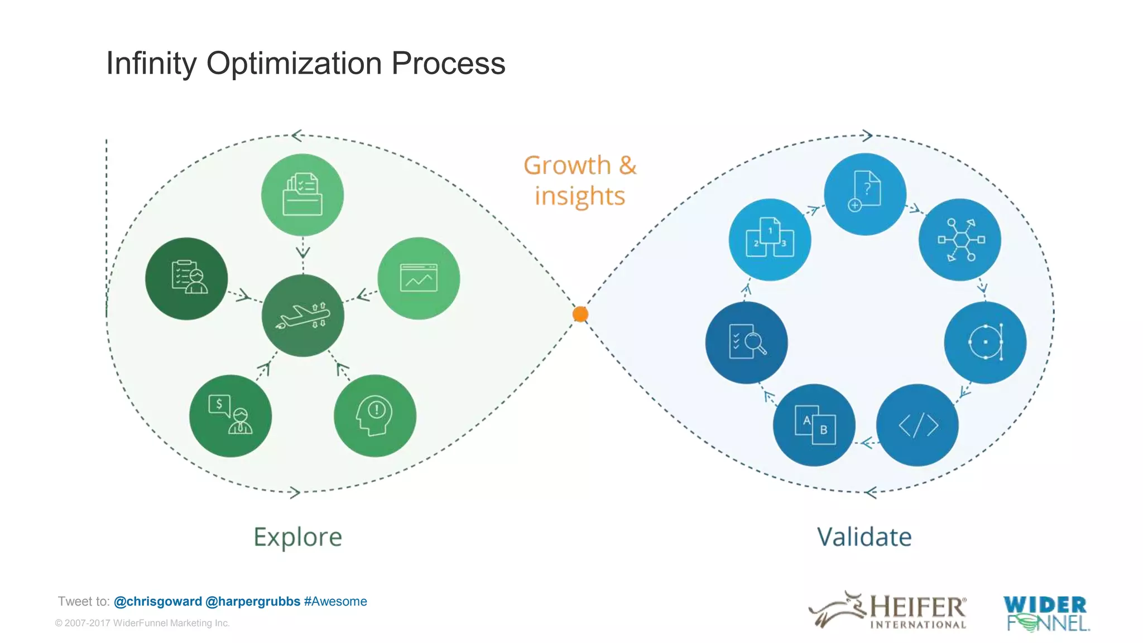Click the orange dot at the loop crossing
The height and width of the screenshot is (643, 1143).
pyautogui.click(x=580, y=314)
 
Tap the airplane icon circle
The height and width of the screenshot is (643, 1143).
pyautogui.click(x=303, y=316)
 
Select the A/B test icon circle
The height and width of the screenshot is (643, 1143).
pyautogui.click(x=814, y=425)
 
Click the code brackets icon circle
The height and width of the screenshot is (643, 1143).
pyautogui.click(x=918, y=425)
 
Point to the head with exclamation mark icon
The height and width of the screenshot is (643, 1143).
pyautogui.click(x=375, y=416)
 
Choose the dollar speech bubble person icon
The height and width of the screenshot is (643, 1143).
pyautogui.click(x=230, y=416)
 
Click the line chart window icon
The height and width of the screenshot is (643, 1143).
pyautogui.click(x=419, y=278)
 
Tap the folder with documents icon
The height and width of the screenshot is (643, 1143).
pyautogui.click(x=302, y=195)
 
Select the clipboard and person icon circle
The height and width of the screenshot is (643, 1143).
pyautogui.click(x=186, y=278)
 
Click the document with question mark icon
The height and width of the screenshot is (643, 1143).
pyautogui.click(x=865, y=194)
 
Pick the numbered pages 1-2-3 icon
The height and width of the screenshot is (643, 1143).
pyautogui.click(x=770, y=240)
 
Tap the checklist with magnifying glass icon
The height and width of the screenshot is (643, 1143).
pyautogui.click(x=747, y=342)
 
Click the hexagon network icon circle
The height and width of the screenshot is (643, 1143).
pyautogui.click(x=960, y=240)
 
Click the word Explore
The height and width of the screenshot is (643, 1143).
pyautogui.click(x=297, y=537)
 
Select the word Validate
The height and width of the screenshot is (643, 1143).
pyautogui.click(x=864, y=537)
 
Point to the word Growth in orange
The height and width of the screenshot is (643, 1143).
pyautogui.click(x=567, y=166)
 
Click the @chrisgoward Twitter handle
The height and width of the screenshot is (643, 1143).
pyautogui.click(x=158, y=601)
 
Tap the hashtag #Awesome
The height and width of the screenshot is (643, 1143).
pyautogui.click(x=335, y=601)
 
